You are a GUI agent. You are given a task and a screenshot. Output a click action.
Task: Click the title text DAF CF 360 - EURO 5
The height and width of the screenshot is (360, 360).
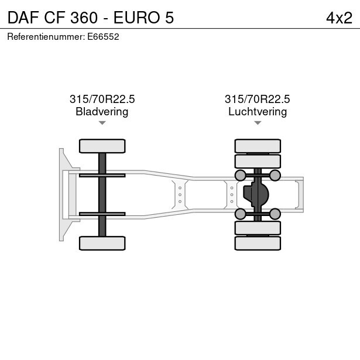click(x=91, y=18)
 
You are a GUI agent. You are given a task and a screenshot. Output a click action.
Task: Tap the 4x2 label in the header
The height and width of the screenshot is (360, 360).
click(x=339, y=18)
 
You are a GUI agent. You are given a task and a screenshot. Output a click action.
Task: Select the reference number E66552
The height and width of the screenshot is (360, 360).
click(x=103, y=37)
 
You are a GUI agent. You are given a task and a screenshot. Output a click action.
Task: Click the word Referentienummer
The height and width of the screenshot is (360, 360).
click(x=46, y=37)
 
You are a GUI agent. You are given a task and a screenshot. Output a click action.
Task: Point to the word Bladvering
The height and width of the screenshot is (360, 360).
click(x=102, y=112)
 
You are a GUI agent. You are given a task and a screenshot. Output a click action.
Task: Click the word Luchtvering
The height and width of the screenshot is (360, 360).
click(x=258, y=112)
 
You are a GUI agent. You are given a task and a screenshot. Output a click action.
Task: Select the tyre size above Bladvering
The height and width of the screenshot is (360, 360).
click(x=102, y=99)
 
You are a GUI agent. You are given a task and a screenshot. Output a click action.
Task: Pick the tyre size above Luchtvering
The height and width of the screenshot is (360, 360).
click(x=258, y=99)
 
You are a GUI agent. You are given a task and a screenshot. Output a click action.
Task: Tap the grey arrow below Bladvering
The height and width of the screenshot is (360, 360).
click(x=102, y=123)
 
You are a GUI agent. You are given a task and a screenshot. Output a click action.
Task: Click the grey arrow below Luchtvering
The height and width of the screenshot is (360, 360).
click(x=258, y=123)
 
